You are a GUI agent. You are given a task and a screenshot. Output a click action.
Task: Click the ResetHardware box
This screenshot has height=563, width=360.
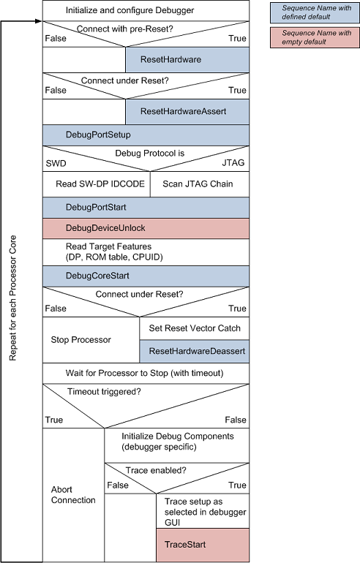tap(187, 58)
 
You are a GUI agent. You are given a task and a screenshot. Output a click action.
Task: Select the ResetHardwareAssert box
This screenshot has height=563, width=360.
tap(187, 111)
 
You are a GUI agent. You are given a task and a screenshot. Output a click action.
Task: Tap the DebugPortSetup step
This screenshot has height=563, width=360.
tap(146, 135)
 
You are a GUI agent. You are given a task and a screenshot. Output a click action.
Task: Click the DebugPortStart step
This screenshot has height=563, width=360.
tap(146, 208)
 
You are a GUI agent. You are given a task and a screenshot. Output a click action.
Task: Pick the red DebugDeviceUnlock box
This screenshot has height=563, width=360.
tap(146, 228)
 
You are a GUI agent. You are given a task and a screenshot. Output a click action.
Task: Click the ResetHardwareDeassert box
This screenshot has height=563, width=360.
tap(195, 351)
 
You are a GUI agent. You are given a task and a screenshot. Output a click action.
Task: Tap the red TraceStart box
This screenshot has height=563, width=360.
tap(203, 545)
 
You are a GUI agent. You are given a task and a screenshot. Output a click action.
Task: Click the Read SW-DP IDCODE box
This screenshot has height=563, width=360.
tap(96, 184)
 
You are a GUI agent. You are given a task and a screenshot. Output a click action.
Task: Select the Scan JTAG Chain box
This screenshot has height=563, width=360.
tap(199, 184)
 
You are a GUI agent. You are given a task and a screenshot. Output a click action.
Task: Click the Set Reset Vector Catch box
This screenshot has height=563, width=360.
tap(195, 328)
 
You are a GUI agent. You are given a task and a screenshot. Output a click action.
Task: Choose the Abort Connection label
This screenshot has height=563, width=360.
tap(73, 494)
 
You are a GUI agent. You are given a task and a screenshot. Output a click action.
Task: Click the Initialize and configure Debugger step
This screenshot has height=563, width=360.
tap(146, 10)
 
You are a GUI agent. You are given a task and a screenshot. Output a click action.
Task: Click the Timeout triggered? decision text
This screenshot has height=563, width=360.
tap(104, 391)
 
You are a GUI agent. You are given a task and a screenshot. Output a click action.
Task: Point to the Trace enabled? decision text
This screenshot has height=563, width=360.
tap(156, 470)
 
